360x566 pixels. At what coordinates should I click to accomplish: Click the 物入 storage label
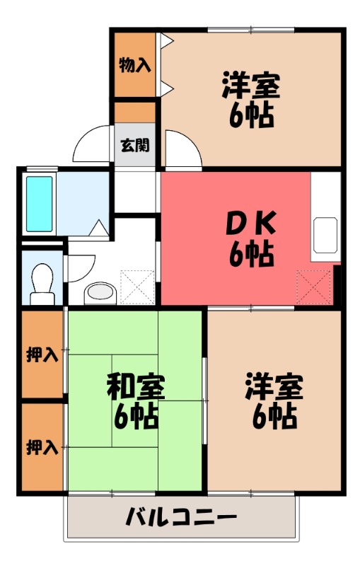tap(134, 66)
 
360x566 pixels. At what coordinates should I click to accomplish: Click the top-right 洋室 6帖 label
tap(251, 100)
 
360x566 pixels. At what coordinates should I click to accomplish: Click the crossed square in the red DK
tap(314, 287)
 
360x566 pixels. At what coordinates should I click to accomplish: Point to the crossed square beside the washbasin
tap(137, 287)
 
